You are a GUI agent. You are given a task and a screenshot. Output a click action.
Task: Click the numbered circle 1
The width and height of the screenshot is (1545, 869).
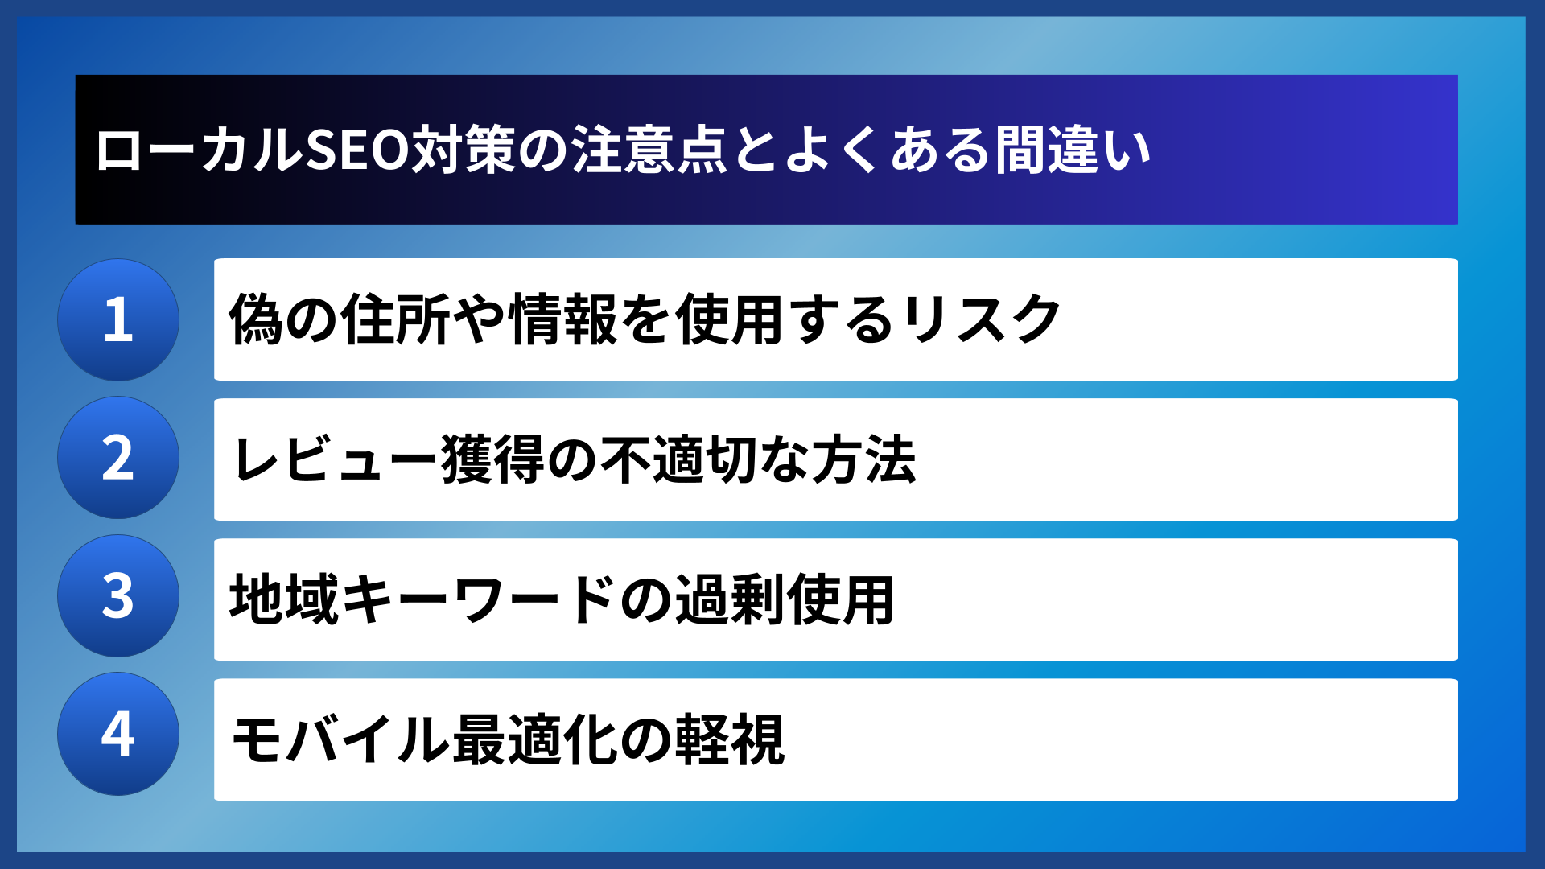[x=118, y=319]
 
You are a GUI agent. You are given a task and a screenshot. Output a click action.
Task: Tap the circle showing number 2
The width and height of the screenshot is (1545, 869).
[x=118, y=458]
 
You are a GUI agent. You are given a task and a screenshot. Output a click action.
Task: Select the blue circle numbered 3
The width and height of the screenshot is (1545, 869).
[x=118, y=596]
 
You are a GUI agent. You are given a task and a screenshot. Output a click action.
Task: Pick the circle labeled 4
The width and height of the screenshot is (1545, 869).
[x=118, y=734]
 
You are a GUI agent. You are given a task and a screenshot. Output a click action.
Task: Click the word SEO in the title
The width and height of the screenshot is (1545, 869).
[x=358, y=150]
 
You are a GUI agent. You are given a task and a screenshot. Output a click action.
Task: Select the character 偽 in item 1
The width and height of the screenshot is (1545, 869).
[x=256, y=319]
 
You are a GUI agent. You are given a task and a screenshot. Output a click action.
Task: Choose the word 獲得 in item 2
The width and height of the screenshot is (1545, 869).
[x=494, y=459]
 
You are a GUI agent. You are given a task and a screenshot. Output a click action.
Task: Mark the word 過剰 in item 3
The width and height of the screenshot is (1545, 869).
[x=729, y=599]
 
